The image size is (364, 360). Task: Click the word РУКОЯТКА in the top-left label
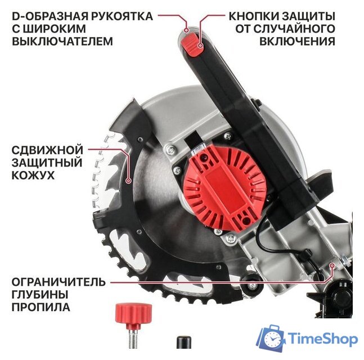tap(121, 13)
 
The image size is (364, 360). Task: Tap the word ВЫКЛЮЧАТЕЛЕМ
tap(61, 41)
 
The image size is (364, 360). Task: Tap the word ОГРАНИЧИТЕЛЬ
tap(56, 281)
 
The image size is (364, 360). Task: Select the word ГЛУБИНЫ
tap(38, 294)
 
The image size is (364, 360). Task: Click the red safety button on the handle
tap(194, 44)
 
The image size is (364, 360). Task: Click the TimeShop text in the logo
tap(322, 339)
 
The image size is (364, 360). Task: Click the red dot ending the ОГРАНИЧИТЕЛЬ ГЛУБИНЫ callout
tap(333, 264)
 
